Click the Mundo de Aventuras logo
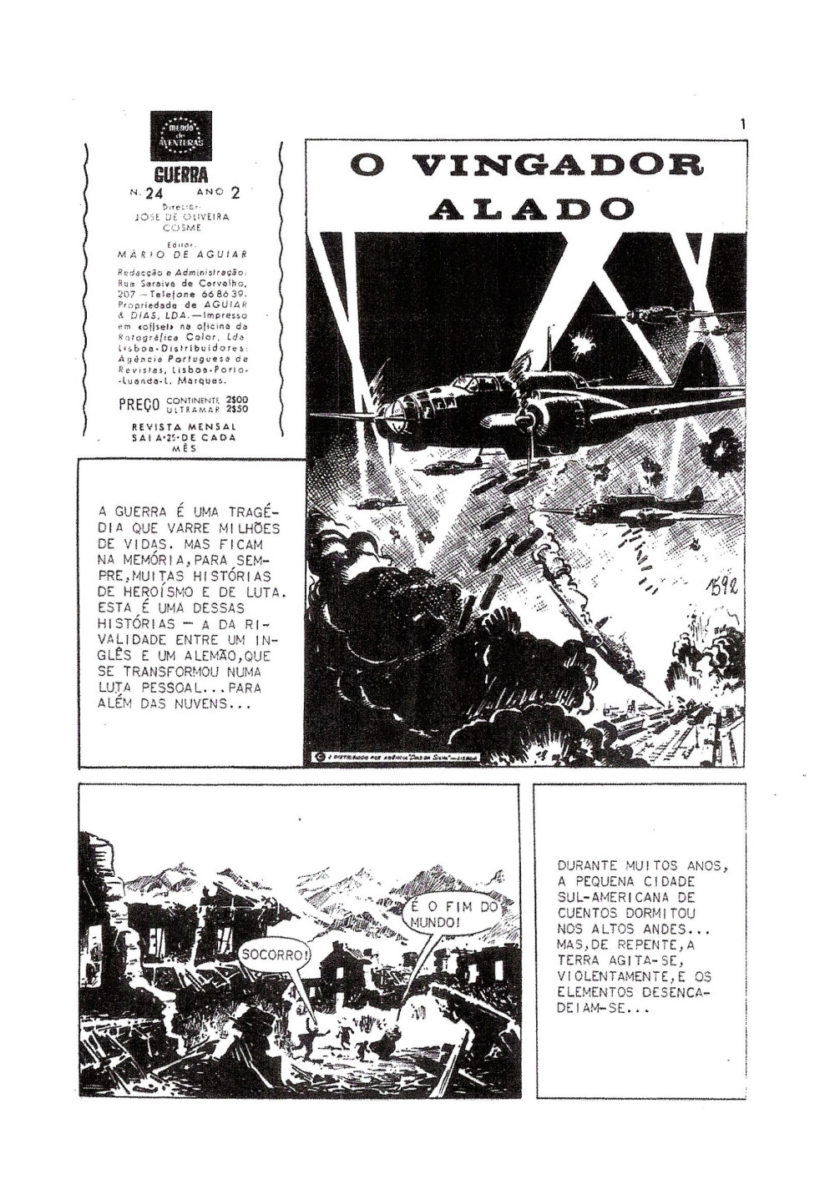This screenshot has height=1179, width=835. pyautogui.click(x=185, y=135)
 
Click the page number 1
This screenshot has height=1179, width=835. pyautogui.click(x=741, y=124)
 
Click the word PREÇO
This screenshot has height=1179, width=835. pyautogui.click(x=139, y=406)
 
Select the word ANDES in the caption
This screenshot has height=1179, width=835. pyautogui.click(x=665, y=930)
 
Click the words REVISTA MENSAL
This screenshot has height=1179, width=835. pyautogui.click(x=185, y=426)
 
